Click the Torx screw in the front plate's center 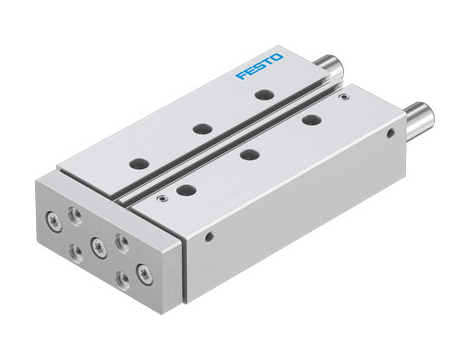[x=97, y=244]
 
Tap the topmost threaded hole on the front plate [x=76, y=209]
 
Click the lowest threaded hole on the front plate [x=122, y=280]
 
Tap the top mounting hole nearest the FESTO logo [x=263, y=95]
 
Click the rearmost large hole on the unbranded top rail [x=310, y=120]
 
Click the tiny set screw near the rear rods [x=344, y=99]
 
